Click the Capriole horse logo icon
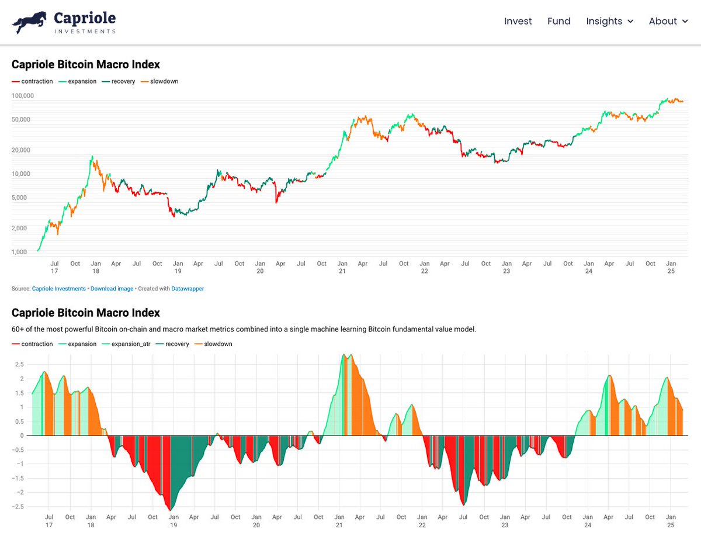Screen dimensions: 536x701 coord(29,22)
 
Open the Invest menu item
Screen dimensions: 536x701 coord(518,21)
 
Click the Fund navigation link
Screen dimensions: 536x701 coord(558,21)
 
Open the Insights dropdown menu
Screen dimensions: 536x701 coord(609,21)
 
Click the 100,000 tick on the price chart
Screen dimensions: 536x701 coord(23,95)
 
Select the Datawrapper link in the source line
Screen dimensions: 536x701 coord(188,289)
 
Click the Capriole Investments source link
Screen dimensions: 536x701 coord(58,289)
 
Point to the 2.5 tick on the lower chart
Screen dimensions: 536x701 coord(19,364)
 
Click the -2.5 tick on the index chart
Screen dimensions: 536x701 coord(18,507)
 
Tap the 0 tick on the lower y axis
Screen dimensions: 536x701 coord(22,435)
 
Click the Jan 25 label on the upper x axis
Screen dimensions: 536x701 coord(671,267)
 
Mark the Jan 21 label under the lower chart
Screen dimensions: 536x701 coord(339,521)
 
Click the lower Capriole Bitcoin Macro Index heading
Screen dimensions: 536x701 coord(85,313)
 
